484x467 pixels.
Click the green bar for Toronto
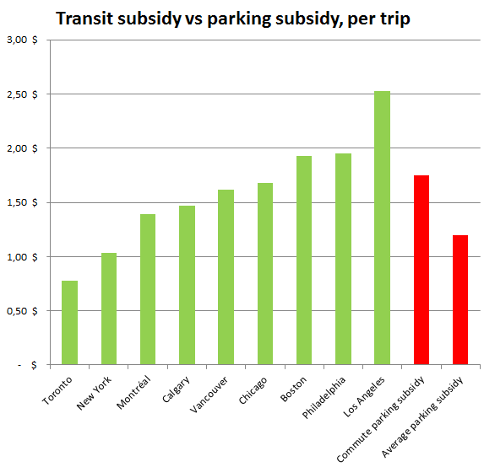(x=69, y=323)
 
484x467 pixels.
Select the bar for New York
(x=108, y=309)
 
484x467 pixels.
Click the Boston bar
(x=304, y=260)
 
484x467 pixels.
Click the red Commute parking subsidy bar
(x=421, y=270)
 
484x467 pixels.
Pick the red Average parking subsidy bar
(x=460, y=300)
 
